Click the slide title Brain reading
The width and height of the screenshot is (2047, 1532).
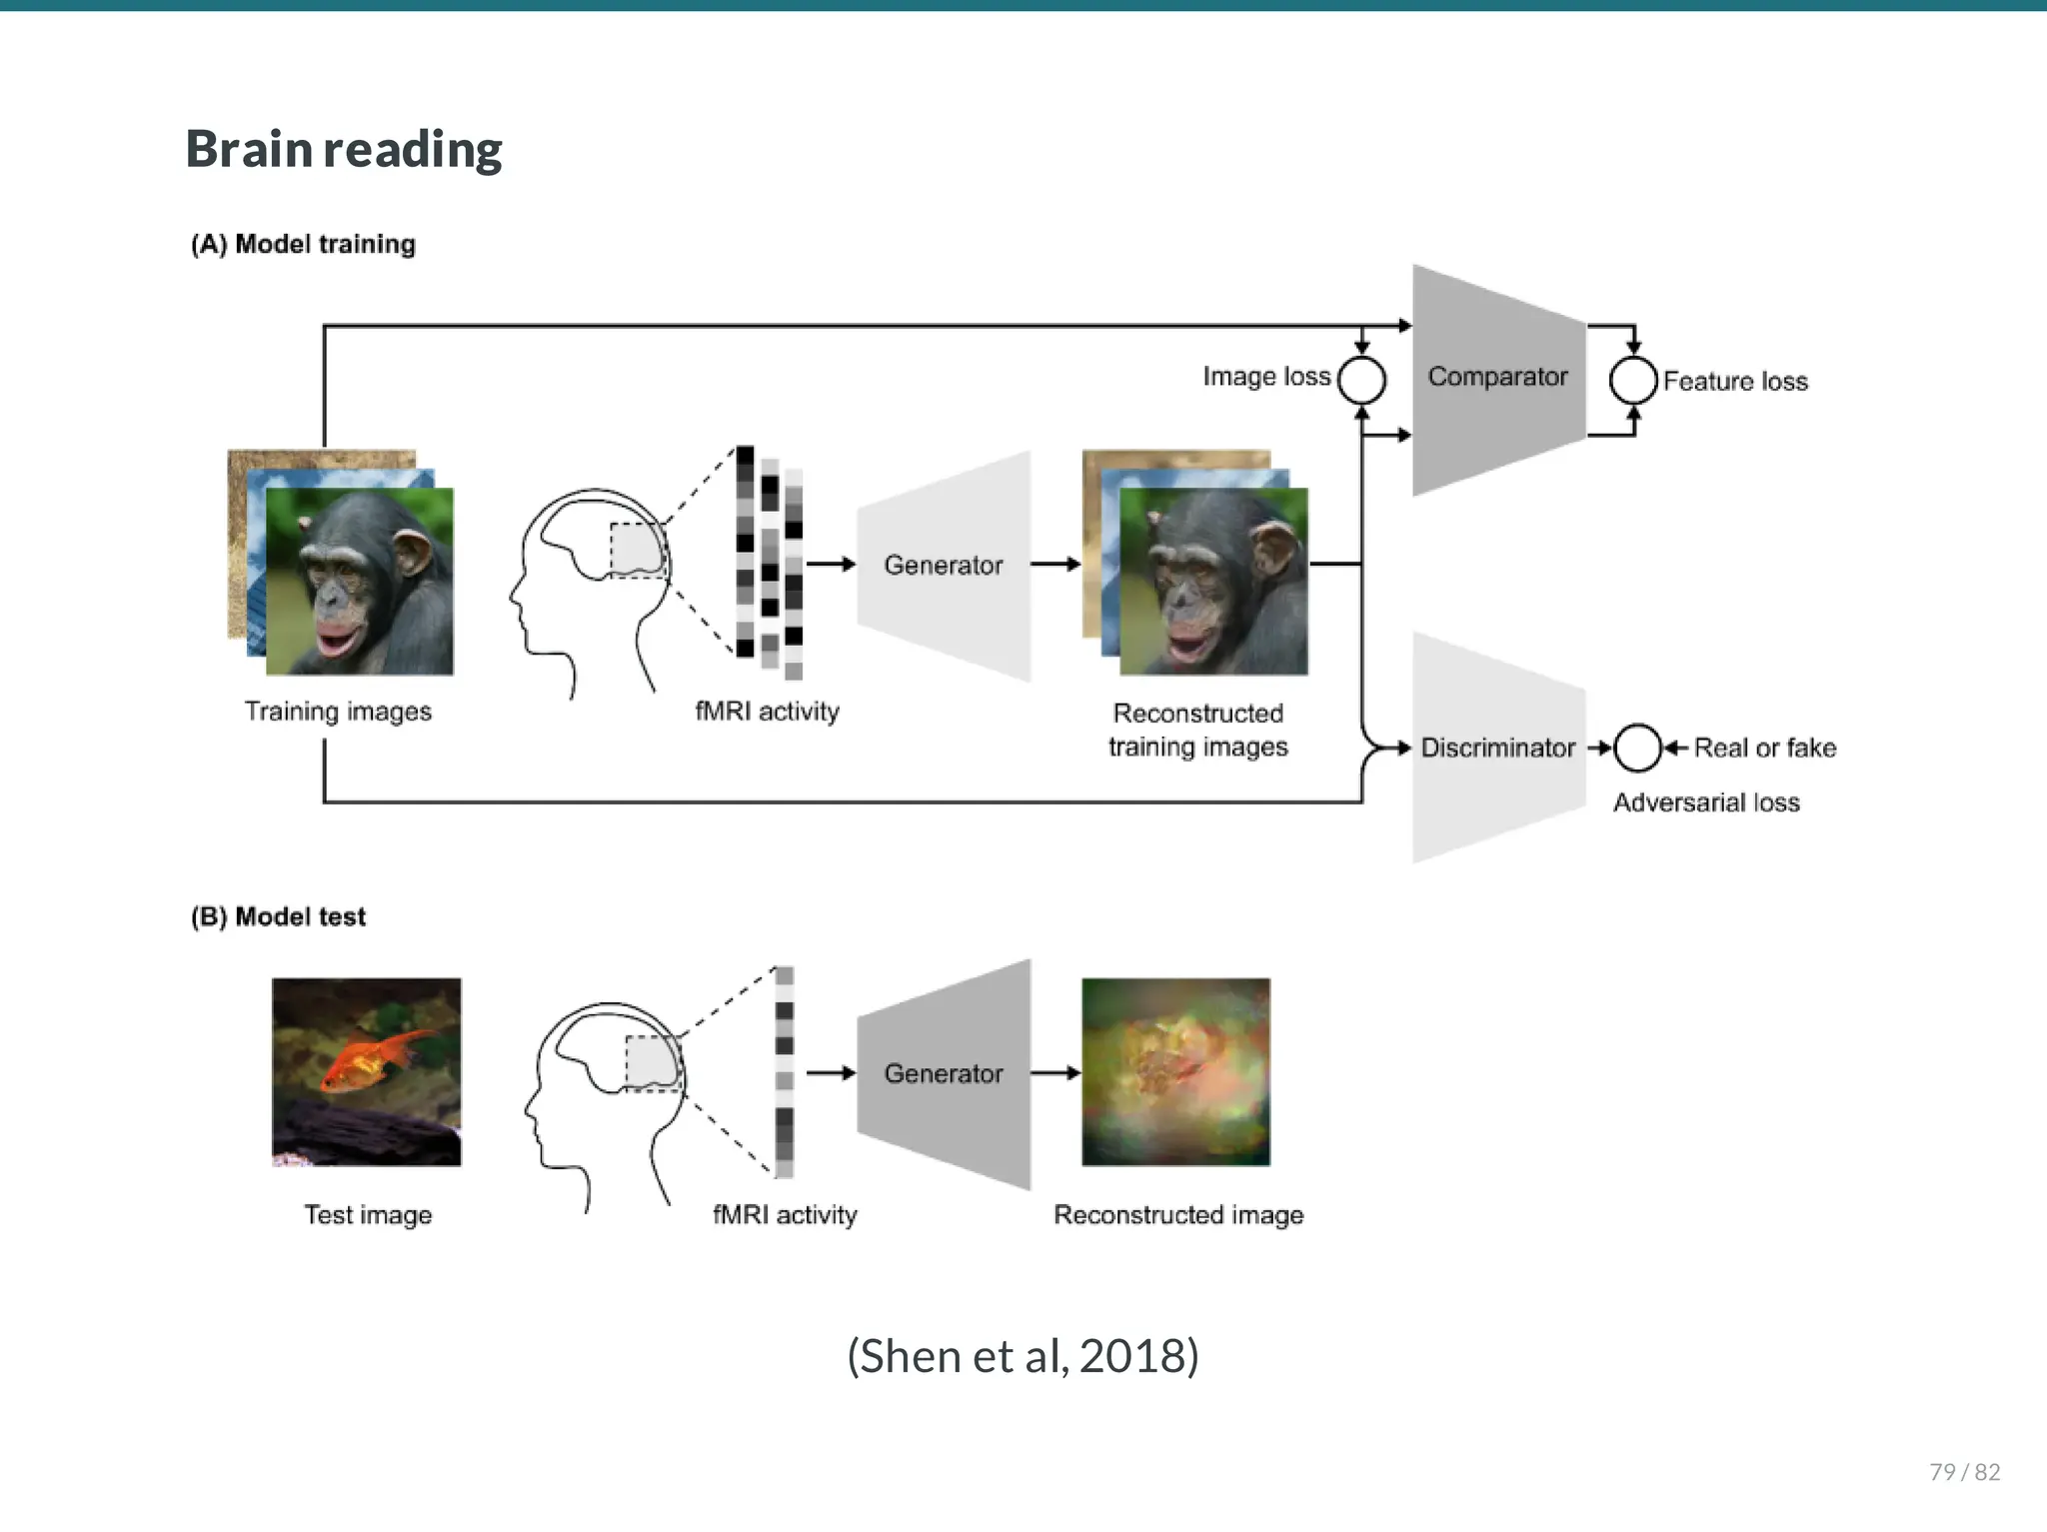344,150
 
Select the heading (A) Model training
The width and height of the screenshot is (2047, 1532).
303,244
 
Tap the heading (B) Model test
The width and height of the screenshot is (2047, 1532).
278,916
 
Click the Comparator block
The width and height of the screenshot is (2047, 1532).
1496,378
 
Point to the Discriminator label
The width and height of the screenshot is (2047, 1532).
1496,748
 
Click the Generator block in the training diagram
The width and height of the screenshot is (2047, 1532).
943,566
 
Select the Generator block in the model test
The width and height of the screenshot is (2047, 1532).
943,1073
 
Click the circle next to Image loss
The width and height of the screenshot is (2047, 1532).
1361,380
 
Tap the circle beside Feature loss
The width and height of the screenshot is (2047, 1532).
1633,380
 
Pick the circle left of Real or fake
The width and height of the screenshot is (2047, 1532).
1637,748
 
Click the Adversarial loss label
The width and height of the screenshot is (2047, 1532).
1705,802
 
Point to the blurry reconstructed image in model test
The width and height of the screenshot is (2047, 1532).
1175,1071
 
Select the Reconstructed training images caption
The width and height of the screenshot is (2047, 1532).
1197,730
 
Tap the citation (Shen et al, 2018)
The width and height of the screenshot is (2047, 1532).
1023,1356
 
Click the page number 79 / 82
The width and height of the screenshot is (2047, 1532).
1964,1471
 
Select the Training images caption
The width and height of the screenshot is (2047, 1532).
338,712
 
